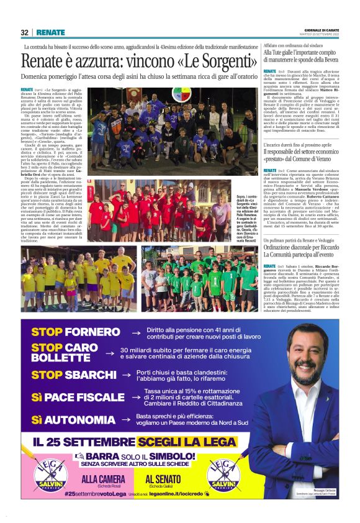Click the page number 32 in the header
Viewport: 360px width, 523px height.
coord(24,32)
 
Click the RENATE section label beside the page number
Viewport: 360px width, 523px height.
coord(50,32)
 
